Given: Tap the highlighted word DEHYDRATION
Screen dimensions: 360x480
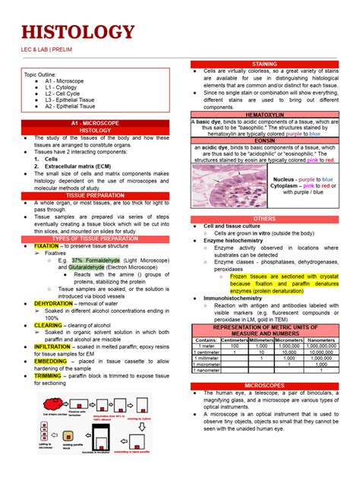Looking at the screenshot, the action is [53, 303].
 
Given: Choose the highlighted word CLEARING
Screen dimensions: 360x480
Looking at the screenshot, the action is [48, 325].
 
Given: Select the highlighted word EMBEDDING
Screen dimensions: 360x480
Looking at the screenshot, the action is [50, 361].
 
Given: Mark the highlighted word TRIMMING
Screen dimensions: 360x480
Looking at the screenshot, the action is [48, 375].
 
